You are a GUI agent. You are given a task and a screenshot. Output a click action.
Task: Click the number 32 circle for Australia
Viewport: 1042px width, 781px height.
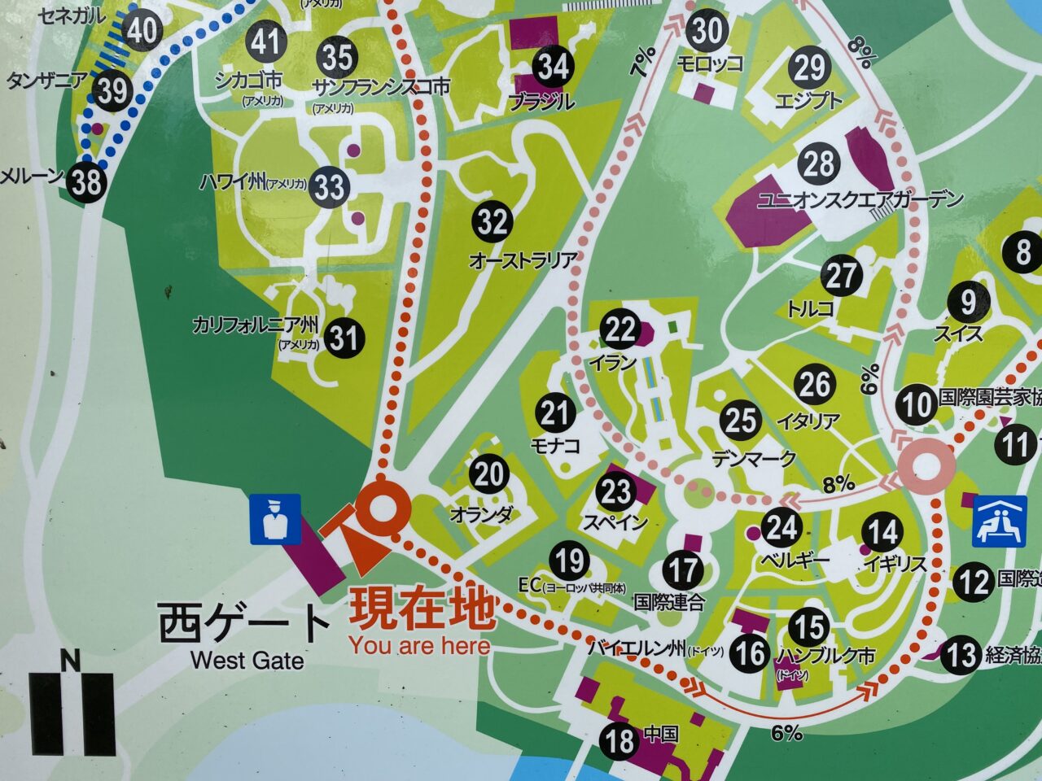tap(492, 222)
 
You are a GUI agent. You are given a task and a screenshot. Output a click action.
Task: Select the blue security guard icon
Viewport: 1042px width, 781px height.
tap(274, 518)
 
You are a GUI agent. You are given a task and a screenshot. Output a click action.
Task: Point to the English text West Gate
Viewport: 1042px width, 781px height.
tap(247, 660)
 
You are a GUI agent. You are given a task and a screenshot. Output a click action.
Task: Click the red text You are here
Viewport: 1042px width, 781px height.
tap(420, 646)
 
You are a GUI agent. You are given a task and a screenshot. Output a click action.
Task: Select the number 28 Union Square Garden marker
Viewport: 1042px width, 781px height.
tap(819, 164)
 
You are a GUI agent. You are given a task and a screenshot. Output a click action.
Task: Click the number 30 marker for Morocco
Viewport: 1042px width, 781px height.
tap(707, 32)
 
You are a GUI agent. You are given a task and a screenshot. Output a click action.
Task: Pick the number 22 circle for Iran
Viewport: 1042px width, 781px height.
tap(620, 329)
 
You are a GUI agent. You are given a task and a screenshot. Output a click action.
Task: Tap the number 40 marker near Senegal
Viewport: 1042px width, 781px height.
tap(142, 30)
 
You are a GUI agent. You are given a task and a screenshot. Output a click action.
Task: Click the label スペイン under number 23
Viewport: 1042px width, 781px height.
tap(615, 522)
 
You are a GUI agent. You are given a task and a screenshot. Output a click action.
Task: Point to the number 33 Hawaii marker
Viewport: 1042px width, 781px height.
tap(330, 187)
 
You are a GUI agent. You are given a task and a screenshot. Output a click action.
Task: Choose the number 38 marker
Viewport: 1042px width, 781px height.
tap(86, 181)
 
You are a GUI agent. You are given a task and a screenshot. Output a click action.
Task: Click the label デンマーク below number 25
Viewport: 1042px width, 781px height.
tap(753, 459)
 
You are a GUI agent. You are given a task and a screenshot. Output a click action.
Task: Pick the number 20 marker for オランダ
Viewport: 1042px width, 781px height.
tap(489, 474)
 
